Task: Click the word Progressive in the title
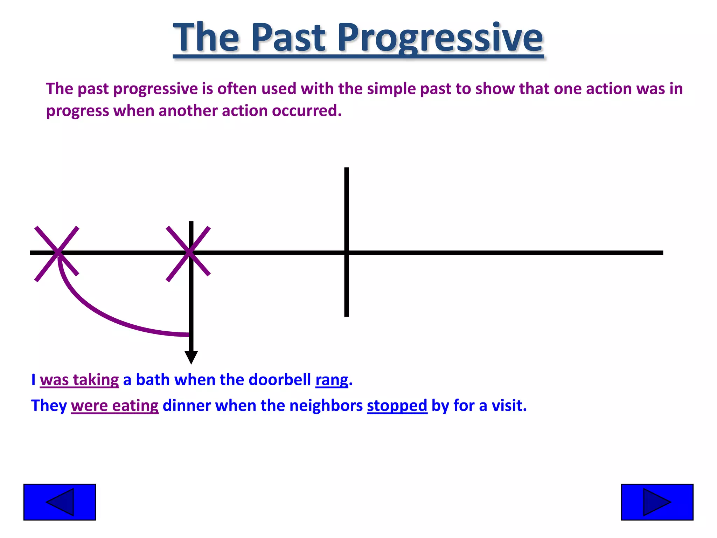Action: coord(440,38)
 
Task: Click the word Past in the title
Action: coord(288,38)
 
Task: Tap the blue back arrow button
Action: coord(60,502)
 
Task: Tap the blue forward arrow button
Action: coord(657,502)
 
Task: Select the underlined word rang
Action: coord(332,380)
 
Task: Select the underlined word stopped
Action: coord(397,406)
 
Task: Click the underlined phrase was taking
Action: coord(79,380)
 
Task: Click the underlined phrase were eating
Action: coord(114,406)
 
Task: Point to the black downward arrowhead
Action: coord(191,357)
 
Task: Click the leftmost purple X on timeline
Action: coord(57,253)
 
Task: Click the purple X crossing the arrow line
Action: coord(188,253)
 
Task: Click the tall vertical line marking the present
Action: coord(346,210)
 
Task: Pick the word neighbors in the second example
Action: coord(326,406)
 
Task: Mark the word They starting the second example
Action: coord(49,406)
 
